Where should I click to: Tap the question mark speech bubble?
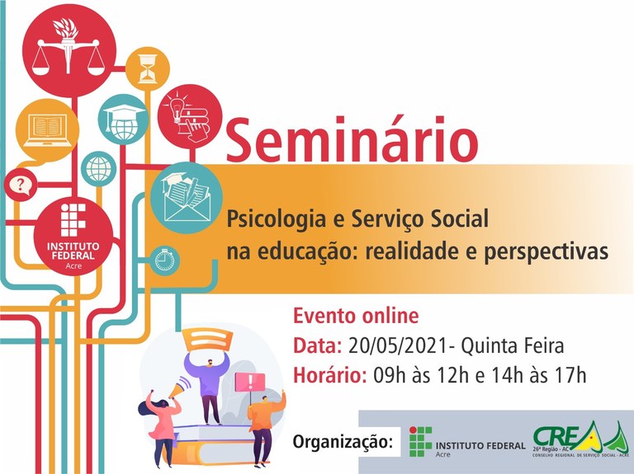tap(17, 185)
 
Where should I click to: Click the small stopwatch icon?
tap(166, 259)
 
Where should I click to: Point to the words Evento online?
tap(356, 316)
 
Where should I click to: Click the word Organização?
tap(343, 442)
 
